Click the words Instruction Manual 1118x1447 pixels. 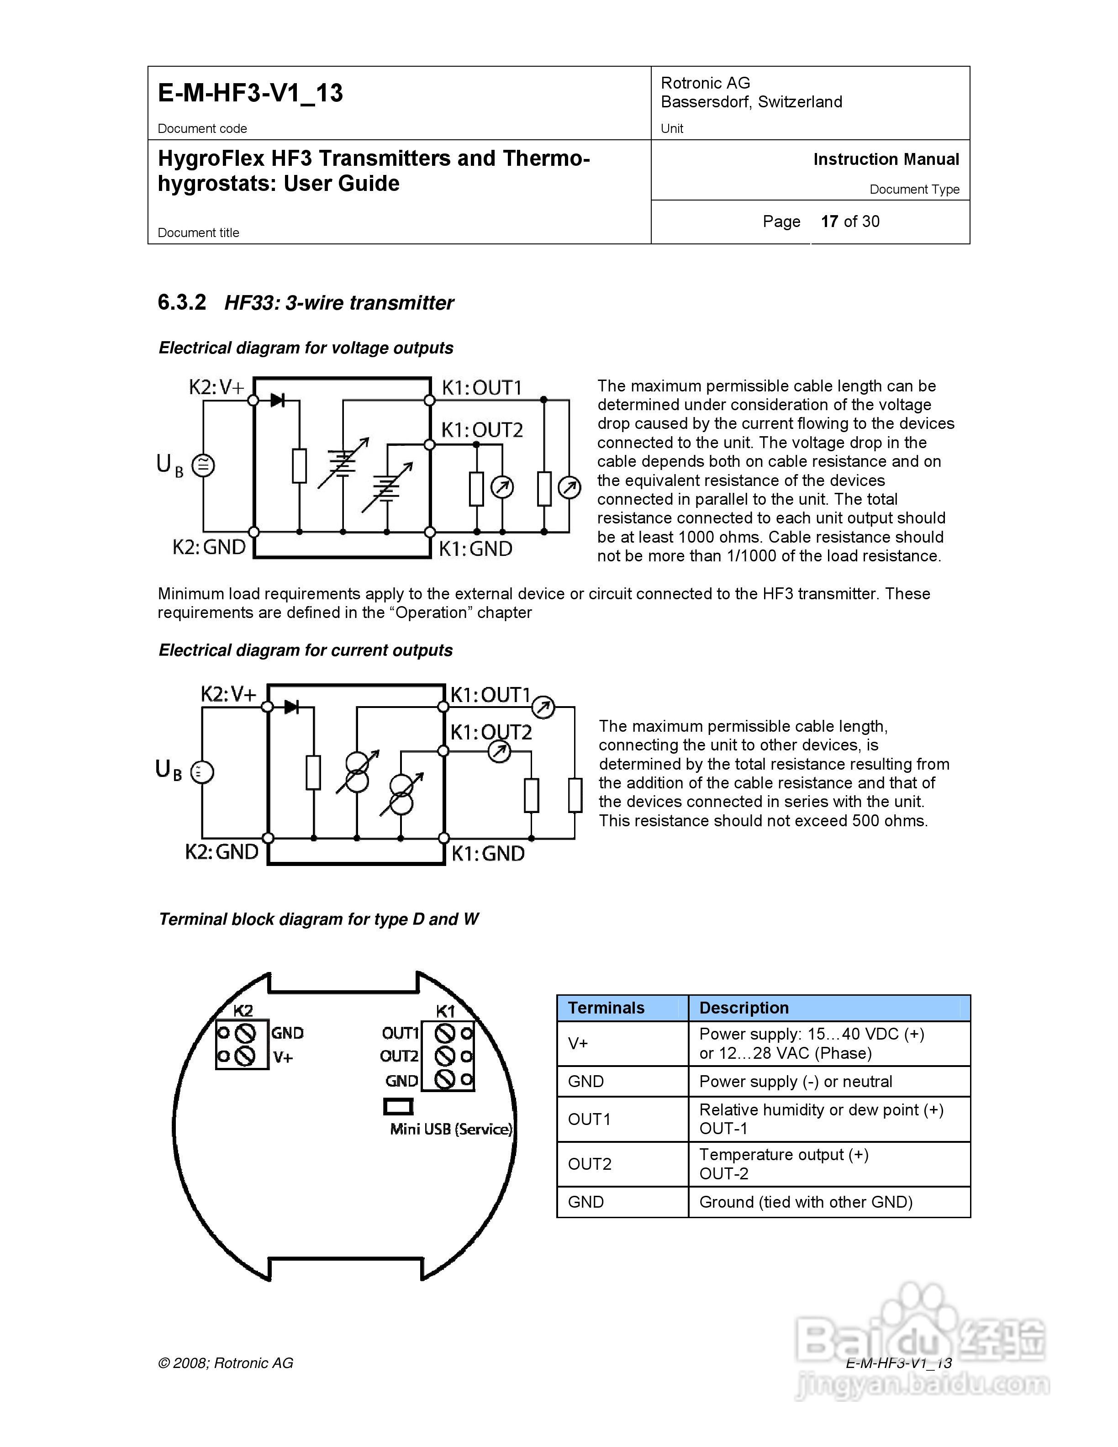click(886, 160)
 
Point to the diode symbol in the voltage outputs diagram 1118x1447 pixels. click(278, 400)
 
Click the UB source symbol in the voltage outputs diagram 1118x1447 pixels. click(203, 465)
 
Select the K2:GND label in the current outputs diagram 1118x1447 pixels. click(221, 852)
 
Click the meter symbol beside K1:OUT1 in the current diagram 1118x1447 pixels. click(543, 708)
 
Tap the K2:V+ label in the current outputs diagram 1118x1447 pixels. click(228, 694)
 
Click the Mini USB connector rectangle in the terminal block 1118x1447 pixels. click(398, 1106)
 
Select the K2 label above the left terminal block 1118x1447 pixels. click(243, 1010)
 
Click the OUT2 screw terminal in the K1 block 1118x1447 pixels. click(444, 1056)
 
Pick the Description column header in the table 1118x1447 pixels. click(744, 1008)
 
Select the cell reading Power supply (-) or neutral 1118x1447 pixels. click(796, 1081)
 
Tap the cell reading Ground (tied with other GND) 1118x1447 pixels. click(805, 1202)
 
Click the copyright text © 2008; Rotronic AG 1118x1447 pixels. click(225, 1363)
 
